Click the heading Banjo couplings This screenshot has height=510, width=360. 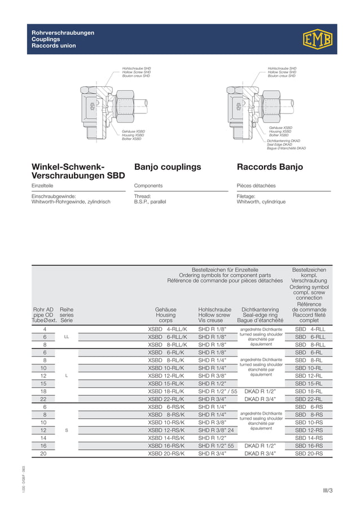(x=168, y=167)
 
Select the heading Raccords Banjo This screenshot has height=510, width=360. (x=270, y=167)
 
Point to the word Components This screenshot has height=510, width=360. (x=148, y=186)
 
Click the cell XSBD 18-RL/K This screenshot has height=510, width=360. (x=166, y=390)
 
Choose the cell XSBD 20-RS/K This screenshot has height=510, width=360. (x=166, y=453)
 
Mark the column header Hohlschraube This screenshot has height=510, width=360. (x=214, y=309)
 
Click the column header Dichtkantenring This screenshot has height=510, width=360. (x=260, y=309)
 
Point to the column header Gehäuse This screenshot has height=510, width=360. (x=165, y=309)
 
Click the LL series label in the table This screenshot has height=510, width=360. (x=67, y=336)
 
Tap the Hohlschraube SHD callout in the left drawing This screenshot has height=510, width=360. (x=137, y=68)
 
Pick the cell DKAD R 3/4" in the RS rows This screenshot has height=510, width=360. (x=260, y=453)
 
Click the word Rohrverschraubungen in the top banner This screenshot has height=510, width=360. (x=63, y=33)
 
